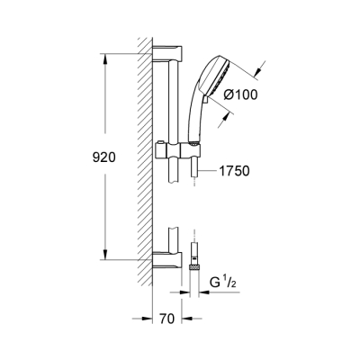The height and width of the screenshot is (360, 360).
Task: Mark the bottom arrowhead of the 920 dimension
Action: pyautogui.click(x=105, y=256)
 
